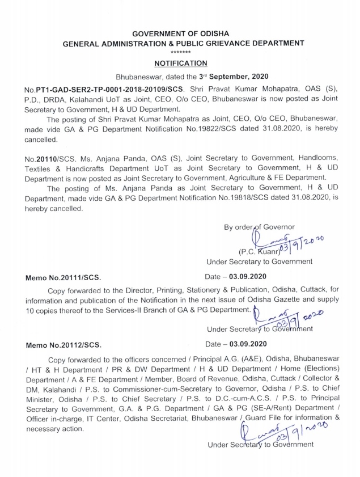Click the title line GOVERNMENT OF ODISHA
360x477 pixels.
(x=180, y=33)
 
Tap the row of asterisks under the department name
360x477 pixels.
(x=180, y=53)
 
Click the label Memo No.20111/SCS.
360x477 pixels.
(x=63, y=277)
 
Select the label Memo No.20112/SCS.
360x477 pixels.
(x=63, y=344)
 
